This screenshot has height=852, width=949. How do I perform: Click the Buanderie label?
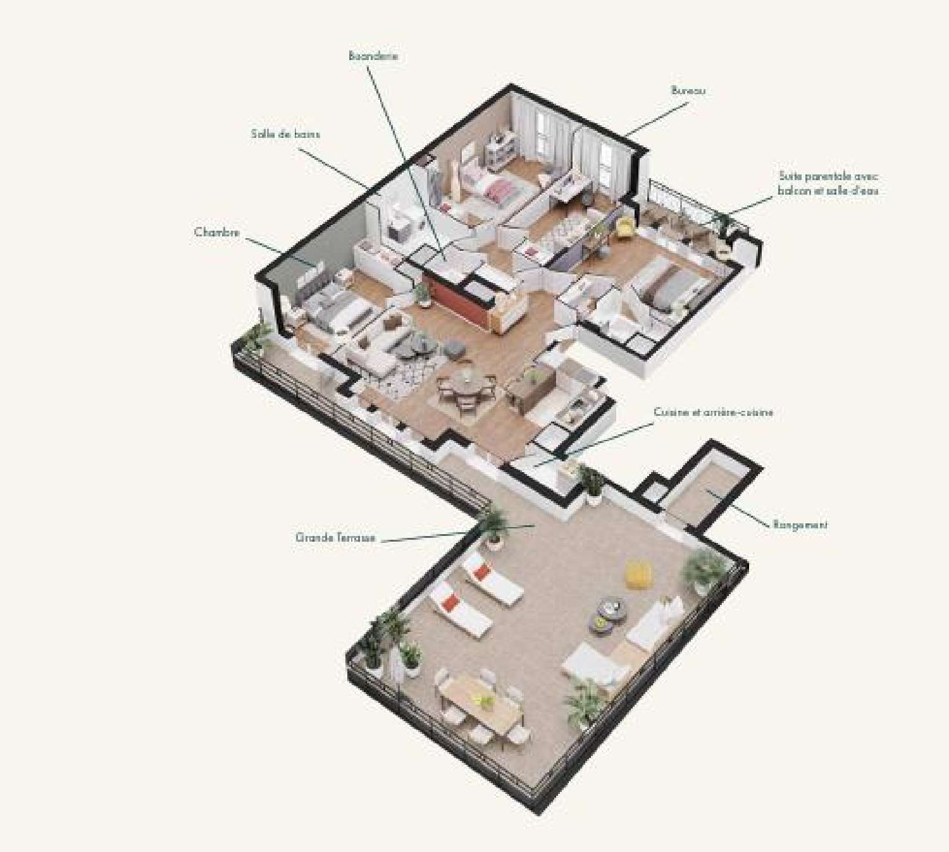pos(373,56)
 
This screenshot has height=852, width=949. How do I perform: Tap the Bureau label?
pos(688,91)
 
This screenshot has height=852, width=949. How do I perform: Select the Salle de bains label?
pos(285,134)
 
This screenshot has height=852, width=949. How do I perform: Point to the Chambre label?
pos(217,233)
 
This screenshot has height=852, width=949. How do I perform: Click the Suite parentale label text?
pos(828,183)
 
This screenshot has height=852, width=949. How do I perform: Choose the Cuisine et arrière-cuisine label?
pos(713,413)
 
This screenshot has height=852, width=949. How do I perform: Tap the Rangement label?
pos(800,525)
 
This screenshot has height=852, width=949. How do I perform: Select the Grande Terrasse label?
pos(335,538)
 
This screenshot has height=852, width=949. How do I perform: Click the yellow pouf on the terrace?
pos(639,575)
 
